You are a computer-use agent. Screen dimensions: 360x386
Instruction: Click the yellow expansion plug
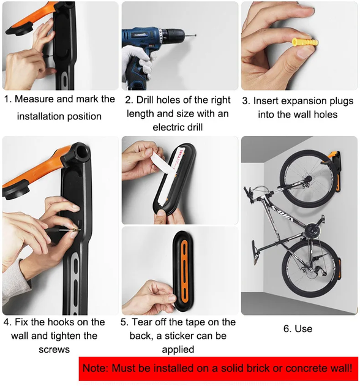pyautogui.click(x=305, y=43)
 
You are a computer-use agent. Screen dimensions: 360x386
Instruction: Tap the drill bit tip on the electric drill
pyautogui.click(x=196, y=36)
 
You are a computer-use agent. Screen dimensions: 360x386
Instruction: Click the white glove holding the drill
pyautogui.click(x=137, y=61)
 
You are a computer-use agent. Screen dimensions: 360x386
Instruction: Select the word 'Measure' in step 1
pyautogui.click(x=34, y=99)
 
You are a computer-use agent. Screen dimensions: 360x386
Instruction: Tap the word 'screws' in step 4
pyautogui.click(x=54, y=350)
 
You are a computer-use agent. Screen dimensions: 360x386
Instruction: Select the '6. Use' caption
pyautogui.click(x=298, y=329)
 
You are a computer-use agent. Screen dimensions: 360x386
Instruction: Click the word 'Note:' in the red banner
pyautogui.click(x=95, y=368)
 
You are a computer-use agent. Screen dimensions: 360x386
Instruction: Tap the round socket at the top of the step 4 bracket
pyautogui.click(x=83, y=152)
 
